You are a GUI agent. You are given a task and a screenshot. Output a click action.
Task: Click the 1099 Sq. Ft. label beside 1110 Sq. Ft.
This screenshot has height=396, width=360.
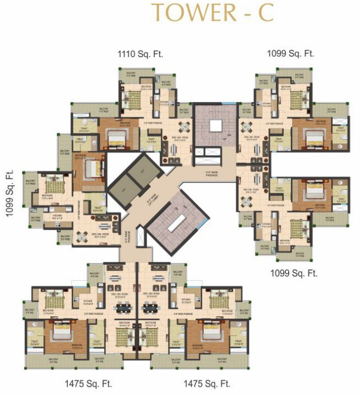click(x=290, y=54)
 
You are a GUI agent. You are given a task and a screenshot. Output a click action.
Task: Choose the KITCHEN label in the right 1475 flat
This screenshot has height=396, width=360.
click(x=186, y=300)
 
